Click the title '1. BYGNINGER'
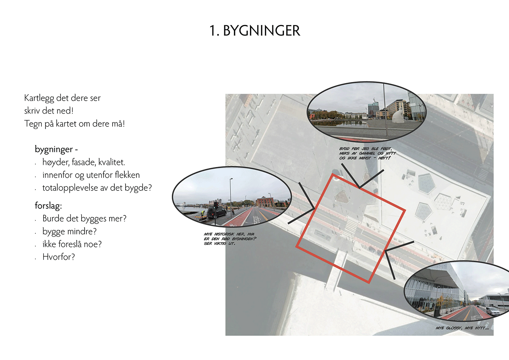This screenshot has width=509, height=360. coord(255,31)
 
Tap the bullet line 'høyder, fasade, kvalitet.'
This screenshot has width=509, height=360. coord(83,162)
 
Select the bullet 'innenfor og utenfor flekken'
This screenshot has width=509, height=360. coord(91,175)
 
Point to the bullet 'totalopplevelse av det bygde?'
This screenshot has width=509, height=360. coord(97,188)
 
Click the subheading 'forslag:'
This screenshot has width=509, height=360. coord(48,206)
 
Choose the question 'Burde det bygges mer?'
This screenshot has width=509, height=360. coord(84,219)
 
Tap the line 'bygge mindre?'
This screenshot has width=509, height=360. coord(69,231)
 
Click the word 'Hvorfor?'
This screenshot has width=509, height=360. coord(59,257)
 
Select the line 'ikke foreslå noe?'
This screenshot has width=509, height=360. coord(72,244)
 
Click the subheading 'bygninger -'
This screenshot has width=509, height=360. coord(56,149)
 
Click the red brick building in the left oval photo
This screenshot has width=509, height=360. coord(265,202)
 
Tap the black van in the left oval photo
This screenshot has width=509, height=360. coord(216,213)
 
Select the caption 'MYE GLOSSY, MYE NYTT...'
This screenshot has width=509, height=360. coord(462,328)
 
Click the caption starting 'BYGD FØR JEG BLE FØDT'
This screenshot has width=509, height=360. coord(367,154)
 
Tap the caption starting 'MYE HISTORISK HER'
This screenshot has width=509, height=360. coord(230,239)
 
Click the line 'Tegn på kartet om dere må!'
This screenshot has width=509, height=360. coord(75,124)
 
